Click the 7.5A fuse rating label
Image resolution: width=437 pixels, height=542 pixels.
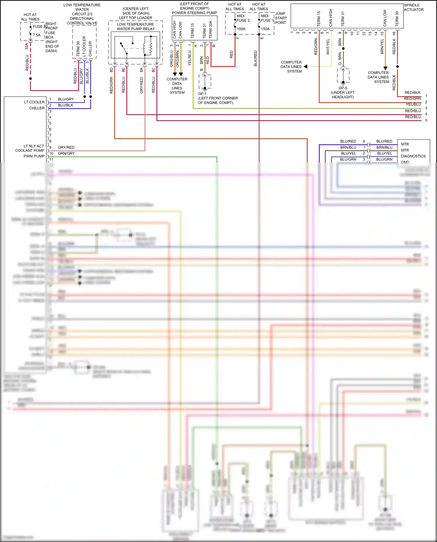click(x=37, y=35)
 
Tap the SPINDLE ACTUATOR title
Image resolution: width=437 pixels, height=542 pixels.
click(x=413, y=7)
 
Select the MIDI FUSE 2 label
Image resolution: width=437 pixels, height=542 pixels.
click(x=243, y=18)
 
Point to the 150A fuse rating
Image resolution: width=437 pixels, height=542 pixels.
click(x=265, y=29)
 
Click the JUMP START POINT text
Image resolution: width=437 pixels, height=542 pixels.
click(x=281, y=18)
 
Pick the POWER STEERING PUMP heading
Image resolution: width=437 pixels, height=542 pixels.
click(x=194, y=13)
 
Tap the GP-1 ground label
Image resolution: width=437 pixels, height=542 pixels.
click(x=202, y=94)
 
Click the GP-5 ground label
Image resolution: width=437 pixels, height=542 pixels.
click(x=343, y=88)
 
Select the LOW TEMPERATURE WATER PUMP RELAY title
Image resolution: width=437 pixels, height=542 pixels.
click(x=135, y=27)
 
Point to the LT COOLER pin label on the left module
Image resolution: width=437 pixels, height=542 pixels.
click(x=34, y=102)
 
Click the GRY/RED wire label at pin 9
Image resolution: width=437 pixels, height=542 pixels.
click(x=66, y=147)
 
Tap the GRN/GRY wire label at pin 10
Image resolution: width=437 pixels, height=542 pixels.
click(x=66, y=153)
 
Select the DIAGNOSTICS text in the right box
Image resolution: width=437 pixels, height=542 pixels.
click(x=413, y=156)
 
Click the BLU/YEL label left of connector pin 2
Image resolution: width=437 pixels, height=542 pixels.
click(x=348, y=153)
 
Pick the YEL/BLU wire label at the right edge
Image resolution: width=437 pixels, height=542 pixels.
click(x=413, y=105)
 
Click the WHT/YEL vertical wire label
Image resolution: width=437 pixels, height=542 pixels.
click(x=328, y=47)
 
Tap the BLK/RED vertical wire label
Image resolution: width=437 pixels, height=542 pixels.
click(x=256, y=58)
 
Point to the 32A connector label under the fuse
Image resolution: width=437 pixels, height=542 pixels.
click(x=27, y=46)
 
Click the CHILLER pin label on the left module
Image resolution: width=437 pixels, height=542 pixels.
click(x=37, y=108)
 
